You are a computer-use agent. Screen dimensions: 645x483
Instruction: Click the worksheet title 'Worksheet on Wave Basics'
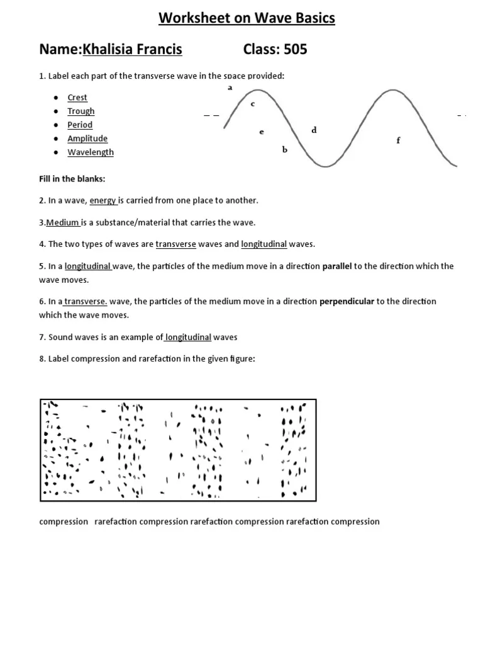247,19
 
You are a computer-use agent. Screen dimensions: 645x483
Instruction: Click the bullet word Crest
77,98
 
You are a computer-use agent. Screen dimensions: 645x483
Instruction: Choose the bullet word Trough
81,111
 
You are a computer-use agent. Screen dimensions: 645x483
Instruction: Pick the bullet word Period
80,125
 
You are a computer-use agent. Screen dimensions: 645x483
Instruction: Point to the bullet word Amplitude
87,139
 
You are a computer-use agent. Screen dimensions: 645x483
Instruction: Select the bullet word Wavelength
91,152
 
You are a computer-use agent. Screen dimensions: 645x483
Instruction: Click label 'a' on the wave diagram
230,88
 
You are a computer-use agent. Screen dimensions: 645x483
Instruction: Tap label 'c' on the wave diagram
253,104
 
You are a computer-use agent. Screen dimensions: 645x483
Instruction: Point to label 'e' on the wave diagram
261,132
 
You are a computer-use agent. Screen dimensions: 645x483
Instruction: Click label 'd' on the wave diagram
314,130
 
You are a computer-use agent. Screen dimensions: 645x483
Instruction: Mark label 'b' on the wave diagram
284,150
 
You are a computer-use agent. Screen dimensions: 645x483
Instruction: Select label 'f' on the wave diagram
398,140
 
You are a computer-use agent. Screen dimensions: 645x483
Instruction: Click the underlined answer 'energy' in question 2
103,200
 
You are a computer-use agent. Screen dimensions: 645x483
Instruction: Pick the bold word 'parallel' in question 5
337,266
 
